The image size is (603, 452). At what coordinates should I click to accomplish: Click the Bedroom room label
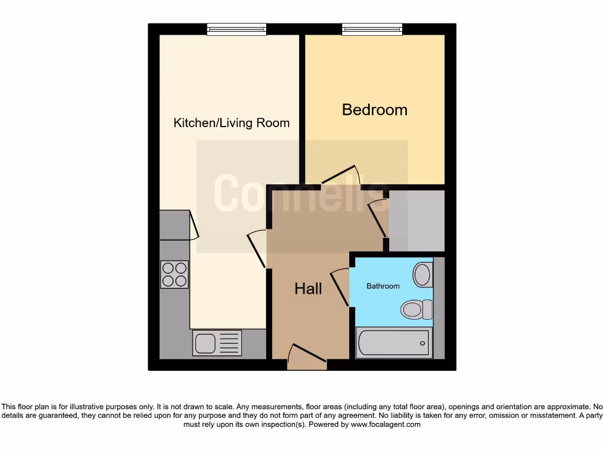pos(375,109)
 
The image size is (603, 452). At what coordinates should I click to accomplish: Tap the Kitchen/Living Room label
pos(231,123)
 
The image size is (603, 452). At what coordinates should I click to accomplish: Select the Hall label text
pos(308,288)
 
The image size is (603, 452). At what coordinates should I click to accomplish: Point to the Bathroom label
pos(383,286)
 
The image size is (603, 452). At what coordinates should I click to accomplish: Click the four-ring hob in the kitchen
pos(174,274)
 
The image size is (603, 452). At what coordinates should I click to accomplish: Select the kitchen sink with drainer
pos(217,343)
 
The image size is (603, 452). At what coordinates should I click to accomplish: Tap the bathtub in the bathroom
pos(394,343)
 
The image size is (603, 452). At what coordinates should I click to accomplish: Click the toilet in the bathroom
pos(416,309)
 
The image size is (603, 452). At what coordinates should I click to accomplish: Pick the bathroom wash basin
pos(422,274)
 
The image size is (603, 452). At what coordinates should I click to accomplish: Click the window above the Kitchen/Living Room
pos(236,29)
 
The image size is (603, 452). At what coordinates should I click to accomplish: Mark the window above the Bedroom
pos(372,29)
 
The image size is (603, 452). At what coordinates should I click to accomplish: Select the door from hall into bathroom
pos(340,286)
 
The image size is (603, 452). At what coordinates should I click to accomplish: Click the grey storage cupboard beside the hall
pos(416,221)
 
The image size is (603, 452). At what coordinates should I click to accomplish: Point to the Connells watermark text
pos(300,192)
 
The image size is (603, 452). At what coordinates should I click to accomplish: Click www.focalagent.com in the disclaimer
pos(386,424)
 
